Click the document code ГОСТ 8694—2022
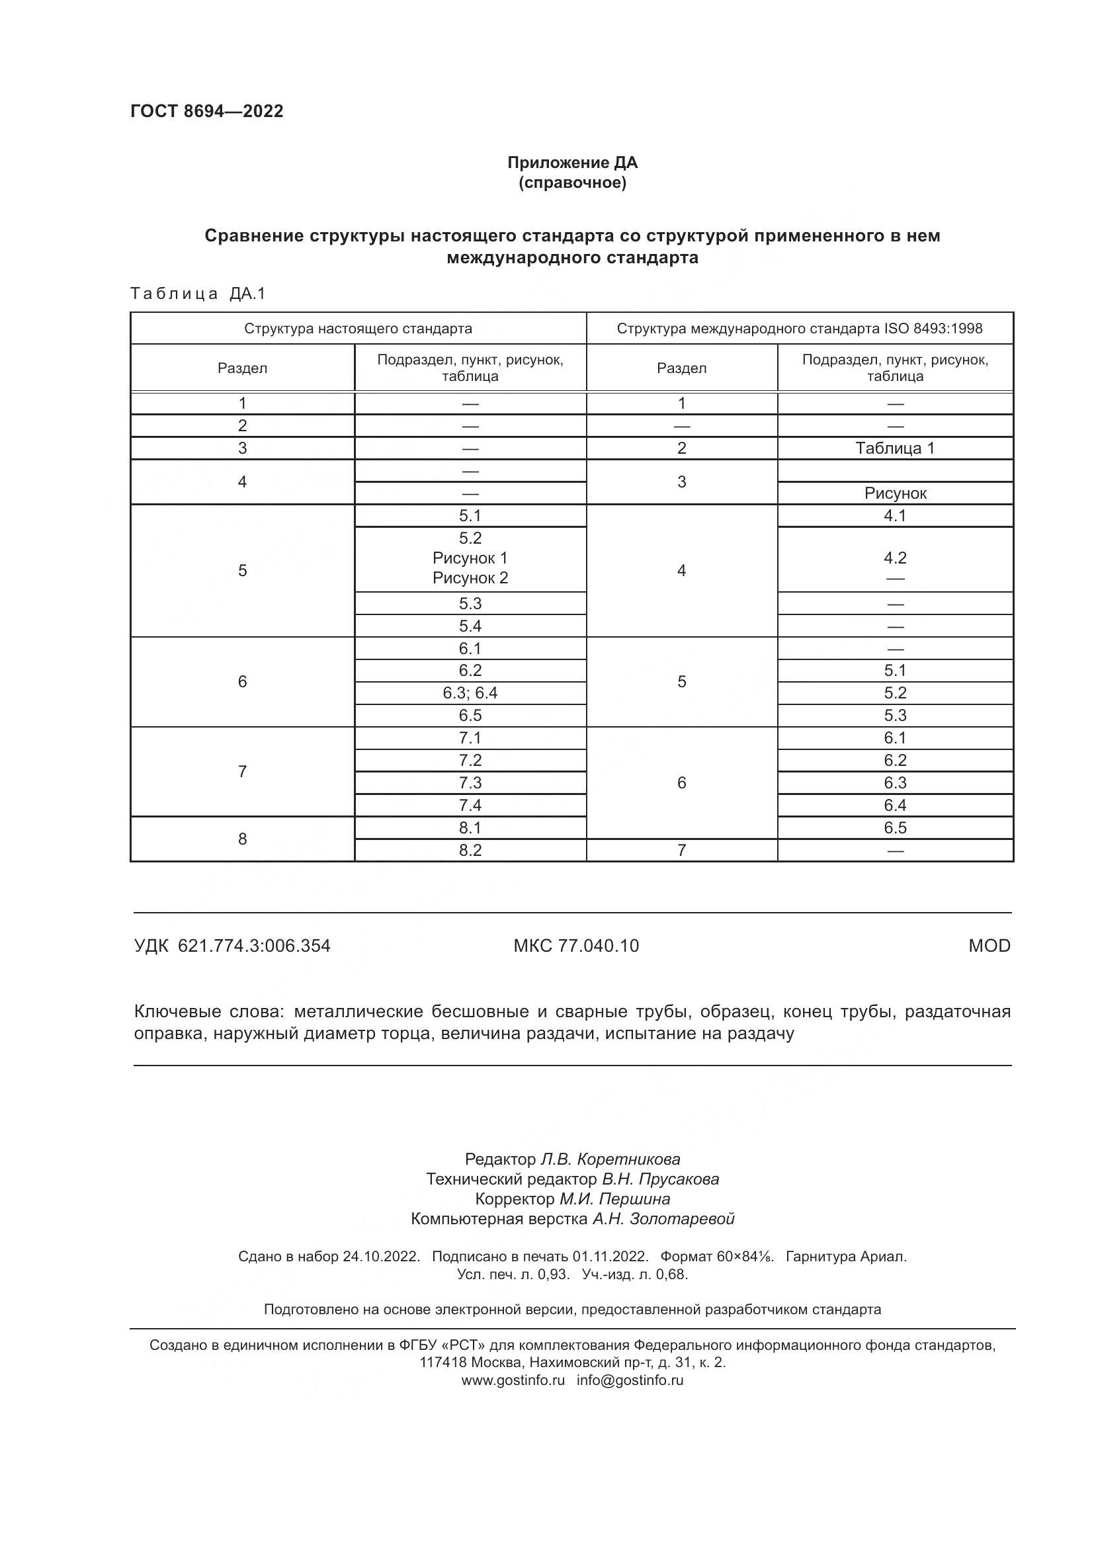(207, 111)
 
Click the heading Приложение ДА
(572, 163)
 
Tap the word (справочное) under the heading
(572, 183)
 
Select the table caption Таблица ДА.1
(198, 294)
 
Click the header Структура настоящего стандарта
(358, 329)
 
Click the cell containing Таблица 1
(895, 448)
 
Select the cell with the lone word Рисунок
(895, 493)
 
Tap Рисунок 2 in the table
(470, 578)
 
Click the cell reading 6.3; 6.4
(470, 692)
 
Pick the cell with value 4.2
(895, 558)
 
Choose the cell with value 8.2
(470, 851)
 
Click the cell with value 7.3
(470, 783)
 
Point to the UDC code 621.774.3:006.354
(254, 946)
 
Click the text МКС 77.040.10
(576, 946)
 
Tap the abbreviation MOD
(989, 946)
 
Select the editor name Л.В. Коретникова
(610, 1159)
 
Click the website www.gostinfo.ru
(513, 1380)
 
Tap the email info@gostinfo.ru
(630, 1380)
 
